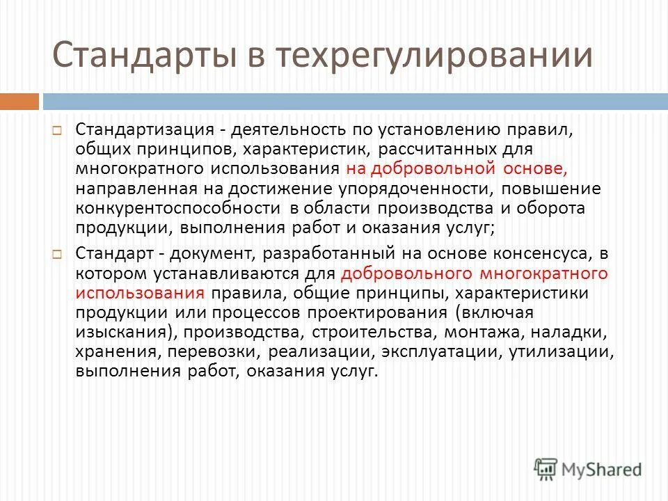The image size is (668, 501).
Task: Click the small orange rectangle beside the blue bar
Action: (19, 102)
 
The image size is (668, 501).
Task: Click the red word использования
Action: (140, 292)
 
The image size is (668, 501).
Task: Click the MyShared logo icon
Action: (545, 469)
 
